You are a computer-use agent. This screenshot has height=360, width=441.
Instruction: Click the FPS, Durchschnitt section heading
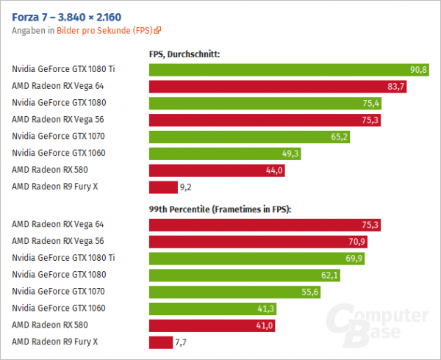[184, 54]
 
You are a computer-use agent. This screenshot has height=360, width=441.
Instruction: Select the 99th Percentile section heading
[220, 209]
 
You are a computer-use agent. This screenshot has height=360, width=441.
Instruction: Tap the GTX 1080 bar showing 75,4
[265, 103]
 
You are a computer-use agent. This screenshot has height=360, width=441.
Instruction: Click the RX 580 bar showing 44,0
[217, 170]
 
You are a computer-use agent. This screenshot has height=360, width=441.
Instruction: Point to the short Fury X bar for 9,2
[163, 187]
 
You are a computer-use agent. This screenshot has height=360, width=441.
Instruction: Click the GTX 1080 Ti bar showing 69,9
[257, 258]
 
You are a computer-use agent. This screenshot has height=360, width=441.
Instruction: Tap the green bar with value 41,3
[212, 308]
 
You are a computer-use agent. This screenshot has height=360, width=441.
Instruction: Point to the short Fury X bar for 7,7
[161, 342]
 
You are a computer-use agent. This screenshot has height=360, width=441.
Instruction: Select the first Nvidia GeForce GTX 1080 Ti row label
[64, 69]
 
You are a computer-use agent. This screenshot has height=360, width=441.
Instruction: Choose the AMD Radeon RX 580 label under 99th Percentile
[45, 324]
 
